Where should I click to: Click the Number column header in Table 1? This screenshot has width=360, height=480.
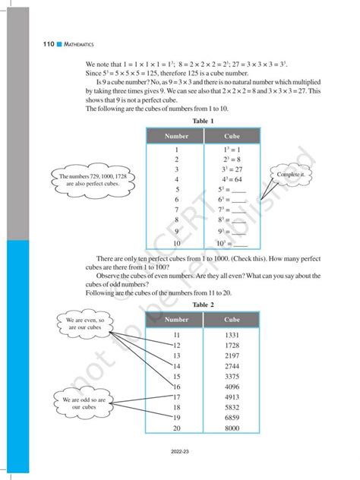(175, 135)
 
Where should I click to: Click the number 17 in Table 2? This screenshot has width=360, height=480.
(176, 396)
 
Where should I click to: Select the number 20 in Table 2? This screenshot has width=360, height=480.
(176, 428)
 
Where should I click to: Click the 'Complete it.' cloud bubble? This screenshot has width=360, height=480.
(291, 175)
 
